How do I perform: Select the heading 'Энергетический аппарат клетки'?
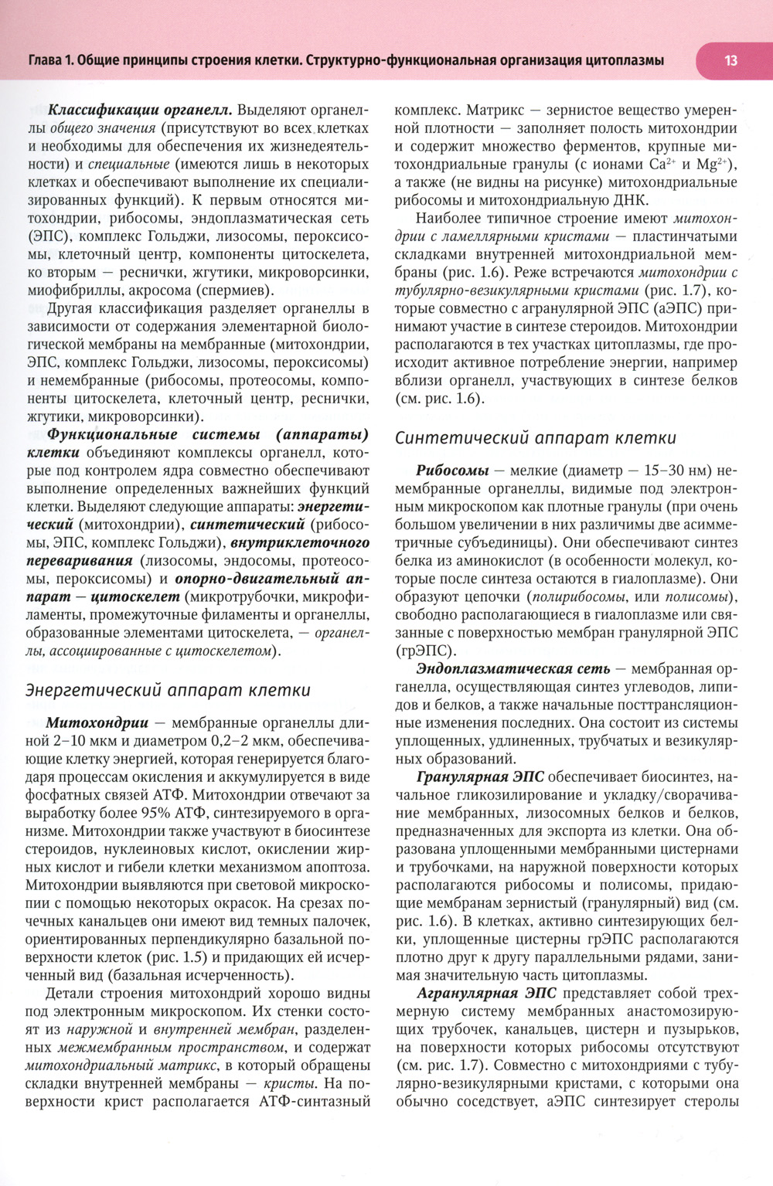click(x=168, y=690)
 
